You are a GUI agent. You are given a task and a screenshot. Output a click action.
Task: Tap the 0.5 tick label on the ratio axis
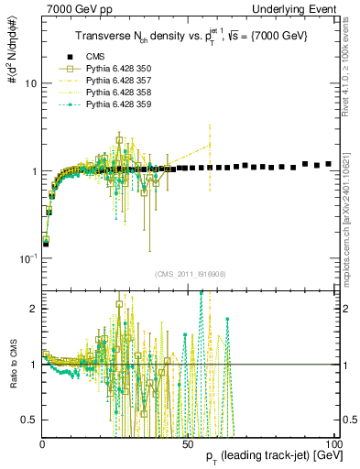[x=29, y=420]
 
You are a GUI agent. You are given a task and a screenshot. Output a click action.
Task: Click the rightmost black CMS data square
[x=328, y=164]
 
